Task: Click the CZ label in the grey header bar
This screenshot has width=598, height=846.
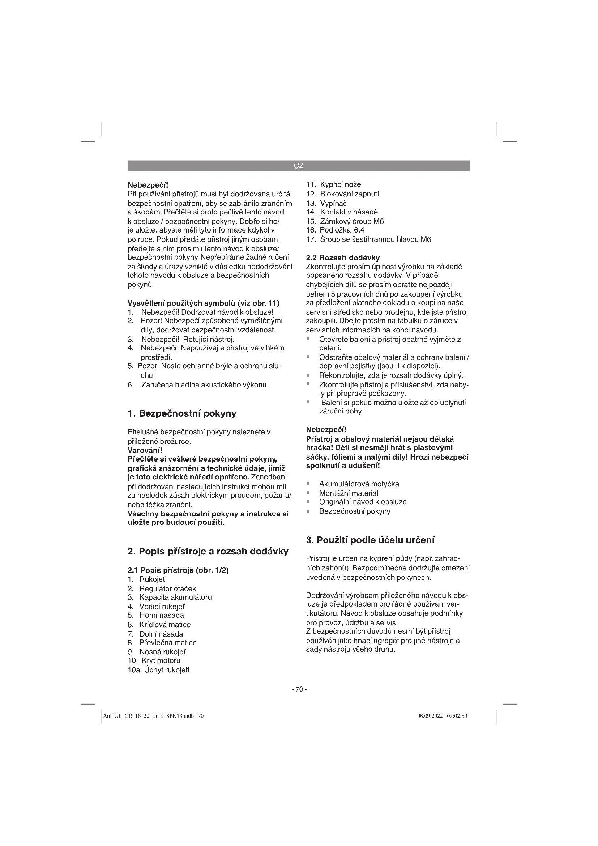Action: click(x=299, y=166)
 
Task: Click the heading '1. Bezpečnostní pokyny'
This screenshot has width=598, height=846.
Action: click(x=182, y=413)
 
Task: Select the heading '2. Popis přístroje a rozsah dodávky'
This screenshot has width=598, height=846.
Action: click(x=208, y=551)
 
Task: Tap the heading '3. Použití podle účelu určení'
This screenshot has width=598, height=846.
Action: click(x=370, y=540)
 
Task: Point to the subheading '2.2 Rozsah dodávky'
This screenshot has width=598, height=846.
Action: click(x=343, y=258)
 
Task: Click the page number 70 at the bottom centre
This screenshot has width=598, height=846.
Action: click(x=299, y=689)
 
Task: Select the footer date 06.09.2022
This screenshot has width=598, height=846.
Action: click(x=430, y=716)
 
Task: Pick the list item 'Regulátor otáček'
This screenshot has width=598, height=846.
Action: click(x=167, y=588)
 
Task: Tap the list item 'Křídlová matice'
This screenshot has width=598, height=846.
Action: click(x=165, y=625)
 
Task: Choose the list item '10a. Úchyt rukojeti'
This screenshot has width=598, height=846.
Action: click(x=158, y=670)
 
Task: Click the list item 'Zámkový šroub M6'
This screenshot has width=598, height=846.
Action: click(x=352, y=221)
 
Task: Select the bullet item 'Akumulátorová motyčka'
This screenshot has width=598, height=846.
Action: click(x=359, y=484)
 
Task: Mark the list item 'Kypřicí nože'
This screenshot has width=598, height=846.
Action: click(x=340, y=184)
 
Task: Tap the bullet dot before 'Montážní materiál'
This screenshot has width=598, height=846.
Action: click(x=308, y=493)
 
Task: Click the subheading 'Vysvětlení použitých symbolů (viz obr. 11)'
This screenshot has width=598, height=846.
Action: click(x=203, y=303)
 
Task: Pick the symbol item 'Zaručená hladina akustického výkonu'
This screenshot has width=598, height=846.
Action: click(x=204, y=385)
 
